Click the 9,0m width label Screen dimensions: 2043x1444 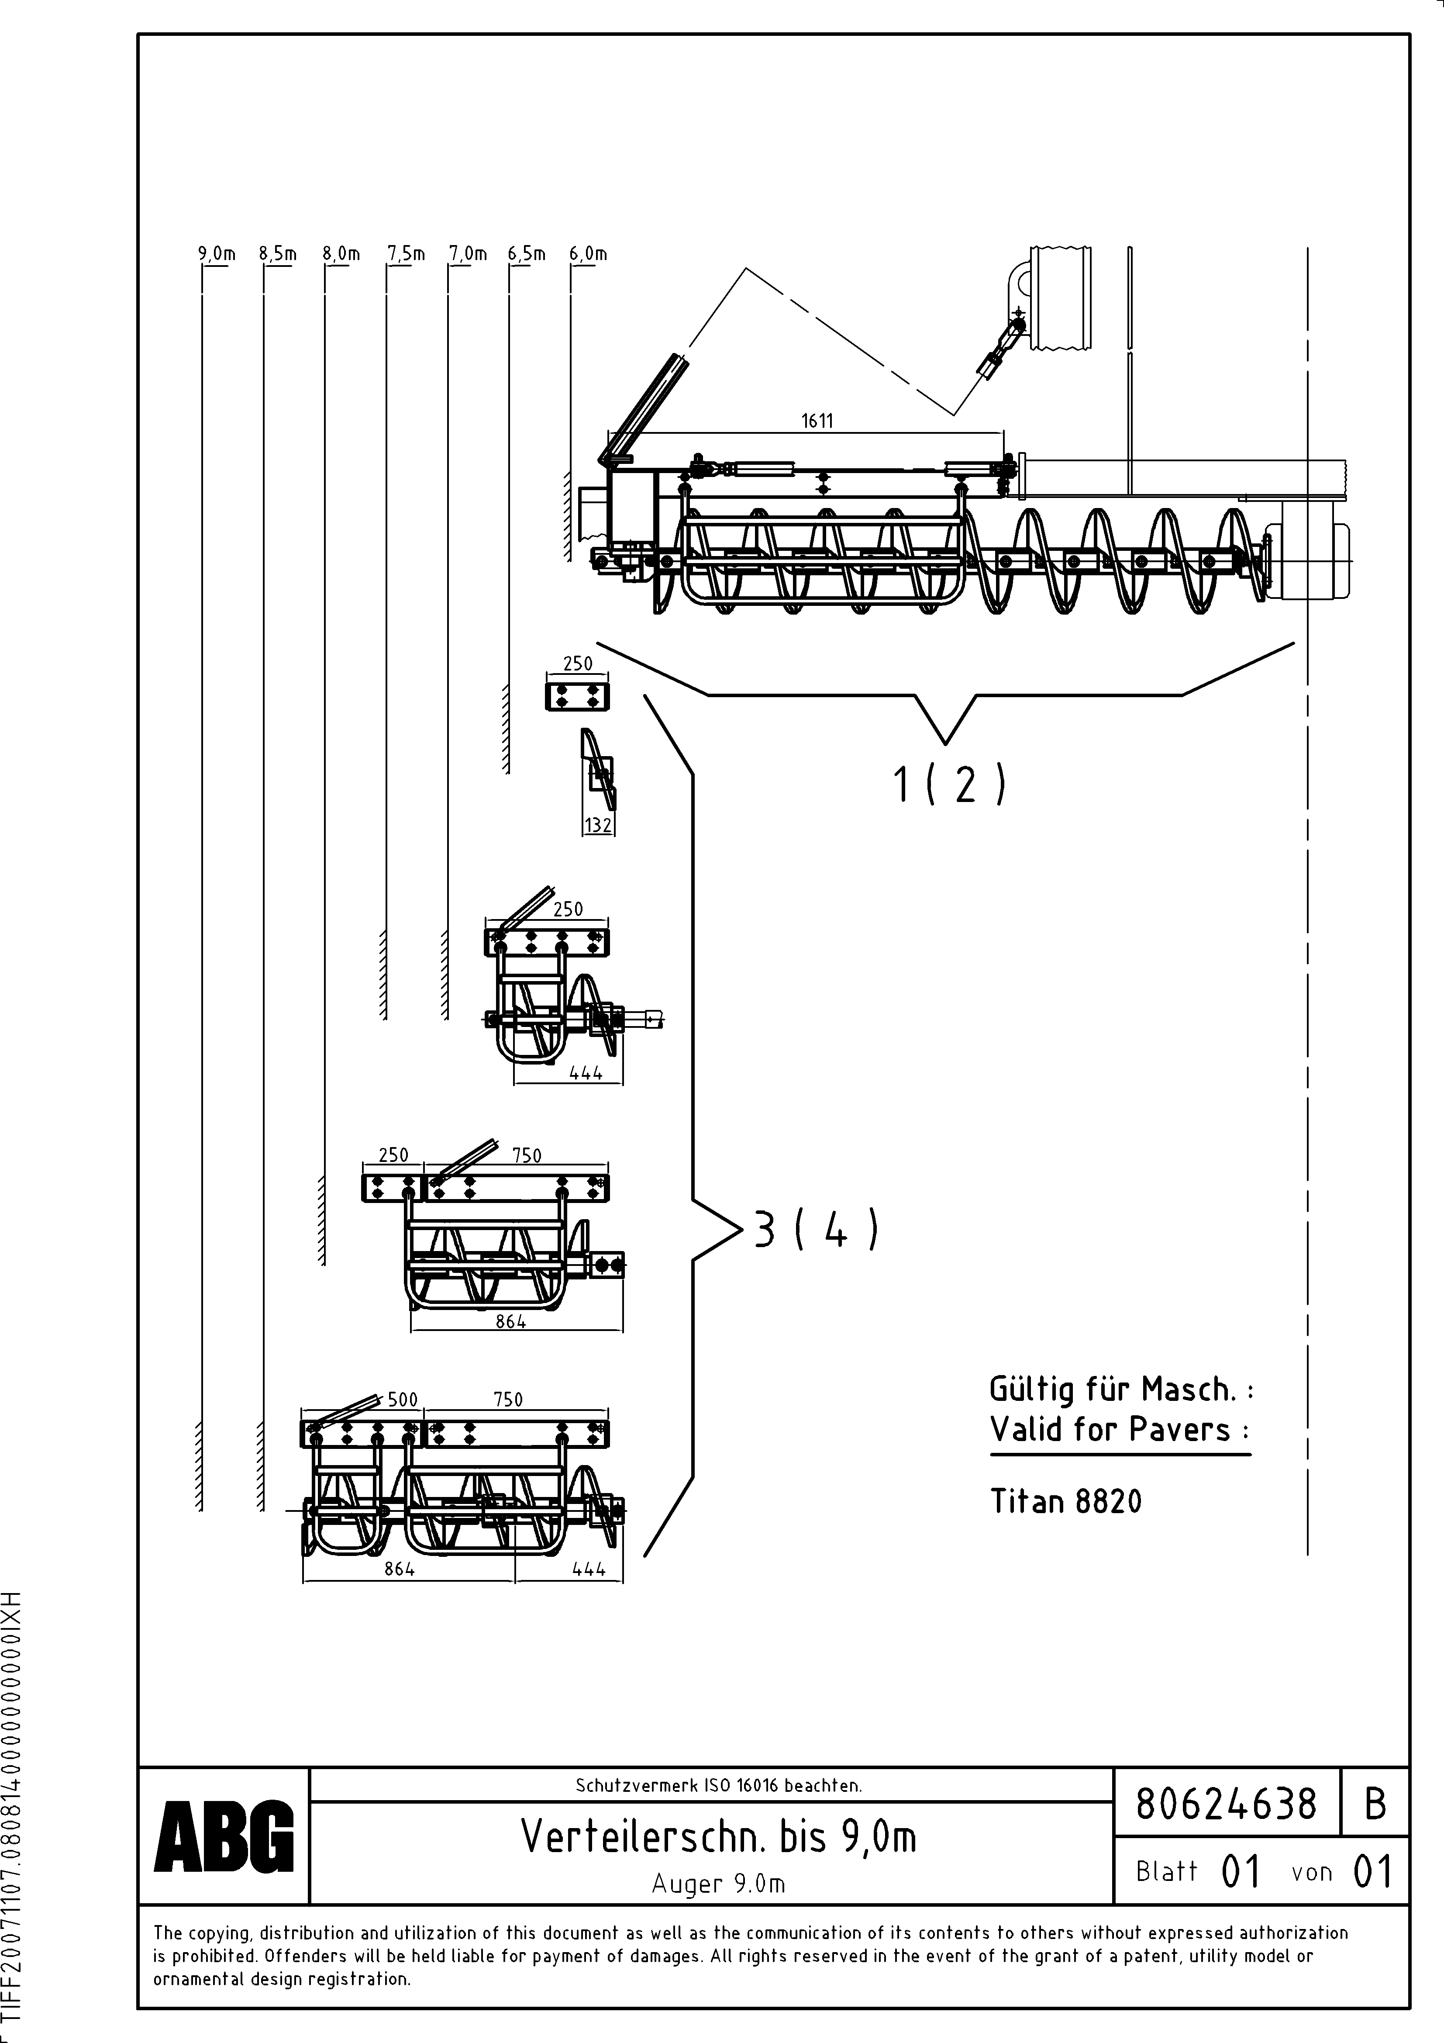[x=216, y=254]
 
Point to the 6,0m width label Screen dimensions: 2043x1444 [x=588, y=254]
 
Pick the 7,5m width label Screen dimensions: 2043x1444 [x=406, y=254]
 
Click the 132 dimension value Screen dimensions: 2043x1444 [x=598, y=826]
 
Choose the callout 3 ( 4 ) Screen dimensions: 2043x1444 [x=816, y=1231]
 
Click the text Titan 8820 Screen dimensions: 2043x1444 [x=1065, y=1501]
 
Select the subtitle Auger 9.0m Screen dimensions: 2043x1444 [x=718, y=1883]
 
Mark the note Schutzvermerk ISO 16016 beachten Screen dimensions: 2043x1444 [x=718, y=1785]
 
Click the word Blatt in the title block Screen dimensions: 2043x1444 [x=1166, y=1871]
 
